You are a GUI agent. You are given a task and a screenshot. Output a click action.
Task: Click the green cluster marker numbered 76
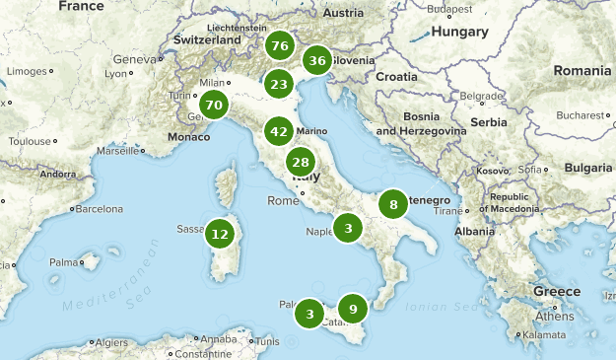tap(279, 46)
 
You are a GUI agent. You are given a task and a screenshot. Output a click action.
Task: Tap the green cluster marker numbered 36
tap(316, 61)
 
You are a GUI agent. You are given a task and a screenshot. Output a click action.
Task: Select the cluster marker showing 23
tap(279, 84)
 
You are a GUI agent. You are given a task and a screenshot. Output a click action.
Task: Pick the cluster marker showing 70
tap(214, 105)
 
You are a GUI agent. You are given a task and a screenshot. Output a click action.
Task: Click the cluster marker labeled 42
tap(279, 131)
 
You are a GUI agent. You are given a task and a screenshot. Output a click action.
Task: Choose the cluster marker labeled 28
tap(301, 163)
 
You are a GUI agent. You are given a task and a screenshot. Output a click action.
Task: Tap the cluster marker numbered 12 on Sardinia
tap(220, 235)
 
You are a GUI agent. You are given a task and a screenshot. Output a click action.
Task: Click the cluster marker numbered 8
tap(393, 205)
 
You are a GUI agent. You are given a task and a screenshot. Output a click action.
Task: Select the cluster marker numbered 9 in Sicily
tap(353, 308)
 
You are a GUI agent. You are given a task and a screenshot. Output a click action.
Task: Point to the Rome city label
tap(282, 201)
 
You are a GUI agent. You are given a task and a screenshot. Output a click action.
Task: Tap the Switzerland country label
tap(207, 40)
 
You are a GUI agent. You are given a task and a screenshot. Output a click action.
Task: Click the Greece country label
tap(557, 292)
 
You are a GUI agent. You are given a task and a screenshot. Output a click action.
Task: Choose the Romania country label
tap(582, 71)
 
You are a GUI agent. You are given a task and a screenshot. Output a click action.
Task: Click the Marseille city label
tap(117, 151)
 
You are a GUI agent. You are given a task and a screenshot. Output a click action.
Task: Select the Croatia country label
tap(396, 77)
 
